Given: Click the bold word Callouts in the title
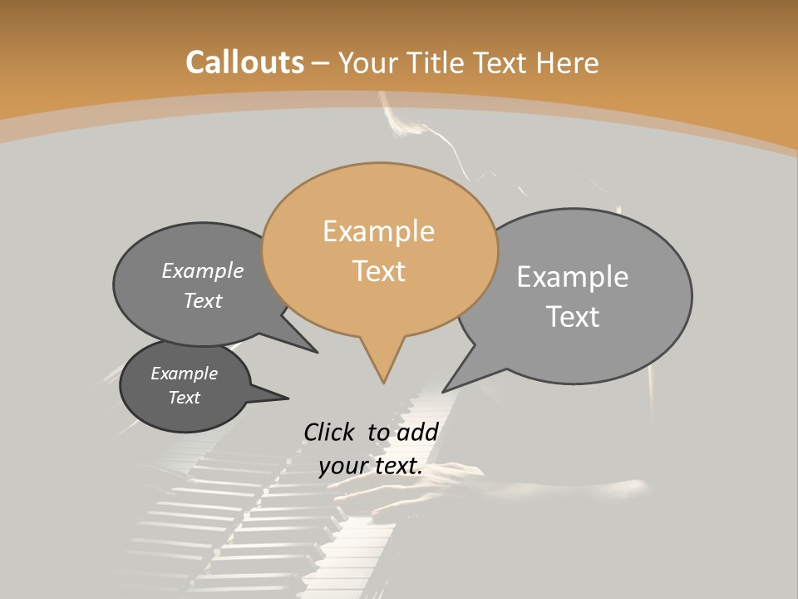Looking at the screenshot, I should (244, 62).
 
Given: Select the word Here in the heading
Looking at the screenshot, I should (568, 62).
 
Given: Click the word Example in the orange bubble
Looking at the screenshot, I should (378, 231).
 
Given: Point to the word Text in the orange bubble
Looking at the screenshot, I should (379, 271).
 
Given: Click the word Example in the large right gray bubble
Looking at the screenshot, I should (573, 277).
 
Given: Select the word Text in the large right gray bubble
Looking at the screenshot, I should (573, 317).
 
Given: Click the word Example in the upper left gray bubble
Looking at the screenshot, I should (203, 271).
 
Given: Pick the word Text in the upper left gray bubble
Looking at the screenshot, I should (203, 301).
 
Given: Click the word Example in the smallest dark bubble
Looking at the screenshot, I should (184, 374).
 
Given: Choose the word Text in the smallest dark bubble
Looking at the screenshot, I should (184, 398).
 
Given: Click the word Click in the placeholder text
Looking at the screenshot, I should (328, 432).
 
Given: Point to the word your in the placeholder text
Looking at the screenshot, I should (342, 466).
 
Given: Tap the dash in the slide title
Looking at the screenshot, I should (321, 62).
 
